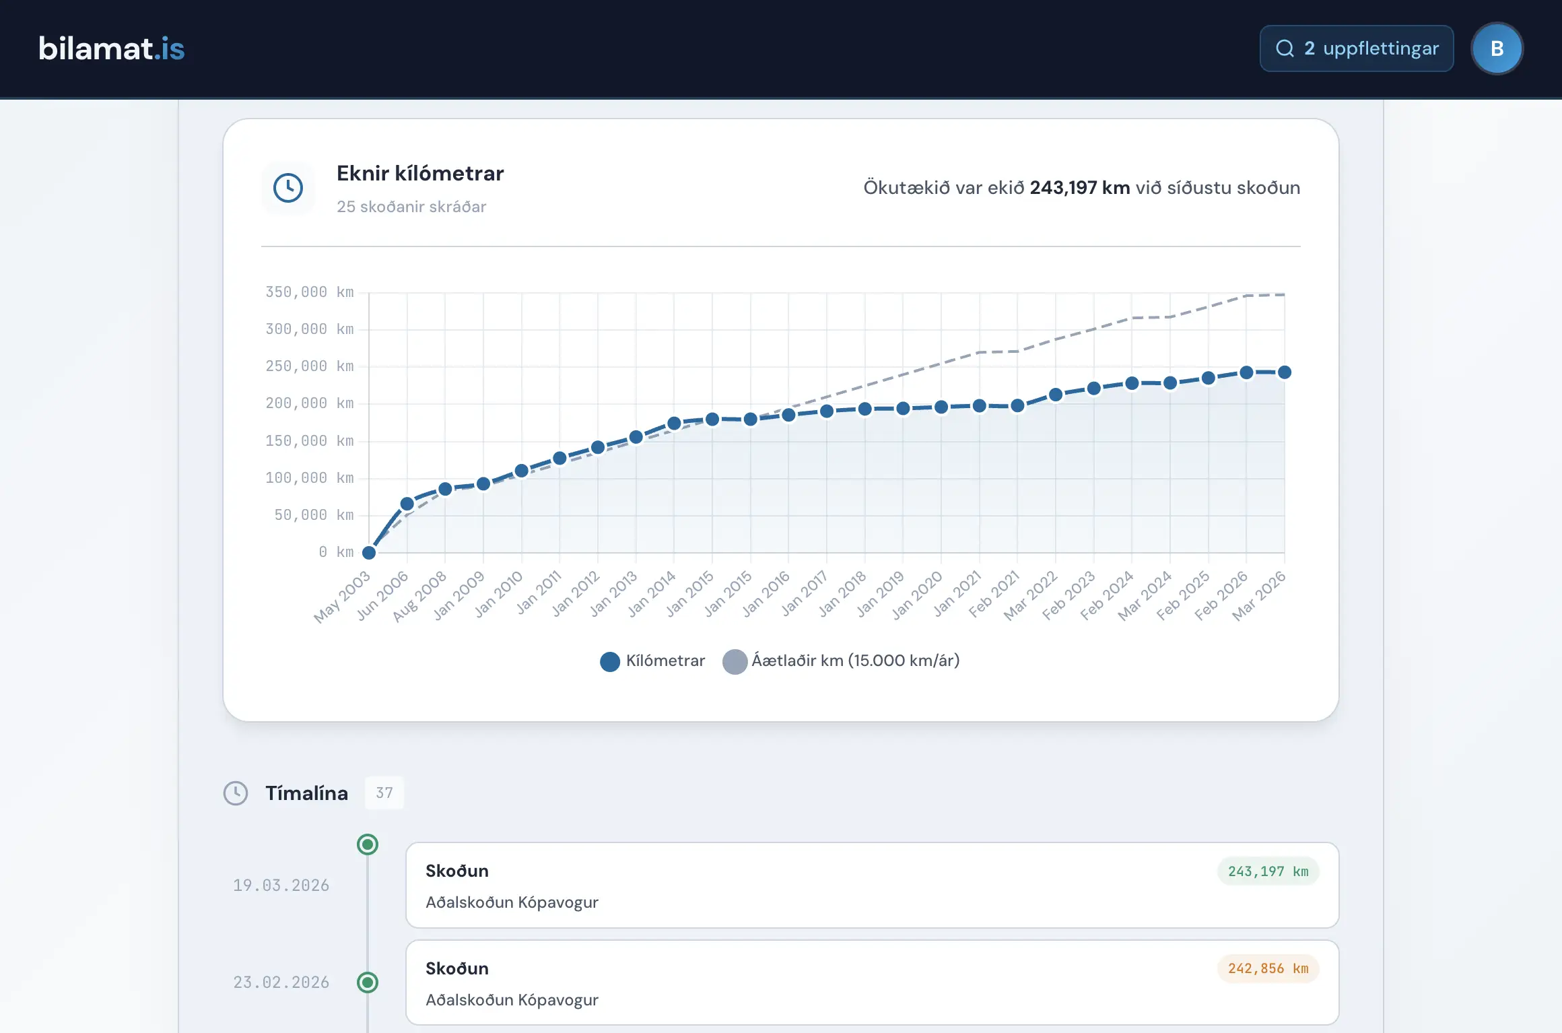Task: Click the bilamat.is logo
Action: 112,48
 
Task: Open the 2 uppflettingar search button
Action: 1357,48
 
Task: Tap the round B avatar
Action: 1497,48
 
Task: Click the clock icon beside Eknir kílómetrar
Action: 288,188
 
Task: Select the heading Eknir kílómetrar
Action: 420,173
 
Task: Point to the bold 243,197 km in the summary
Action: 1080,187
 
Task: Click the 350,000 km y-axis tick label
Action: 310,292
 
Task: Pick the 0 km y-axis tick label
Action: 337,552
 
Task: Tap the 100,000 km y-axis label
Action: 310,478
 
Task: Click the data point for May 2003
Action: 369,553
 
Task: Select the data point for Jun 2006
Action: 407,504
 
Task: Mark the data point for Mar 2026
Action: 1285,372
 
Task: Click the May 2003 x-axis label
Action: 343,597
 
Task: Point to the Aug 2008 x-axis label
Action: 419,597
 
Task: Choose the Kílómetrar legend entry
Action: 652,661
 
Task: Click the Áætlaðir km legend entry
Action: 842,661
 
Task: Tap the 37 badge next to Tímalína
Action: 384,793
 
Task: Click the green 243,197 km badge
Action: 1268,871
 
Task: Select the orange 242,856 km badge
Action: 1268,968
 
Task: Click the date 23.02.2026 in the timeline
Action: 281,982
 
